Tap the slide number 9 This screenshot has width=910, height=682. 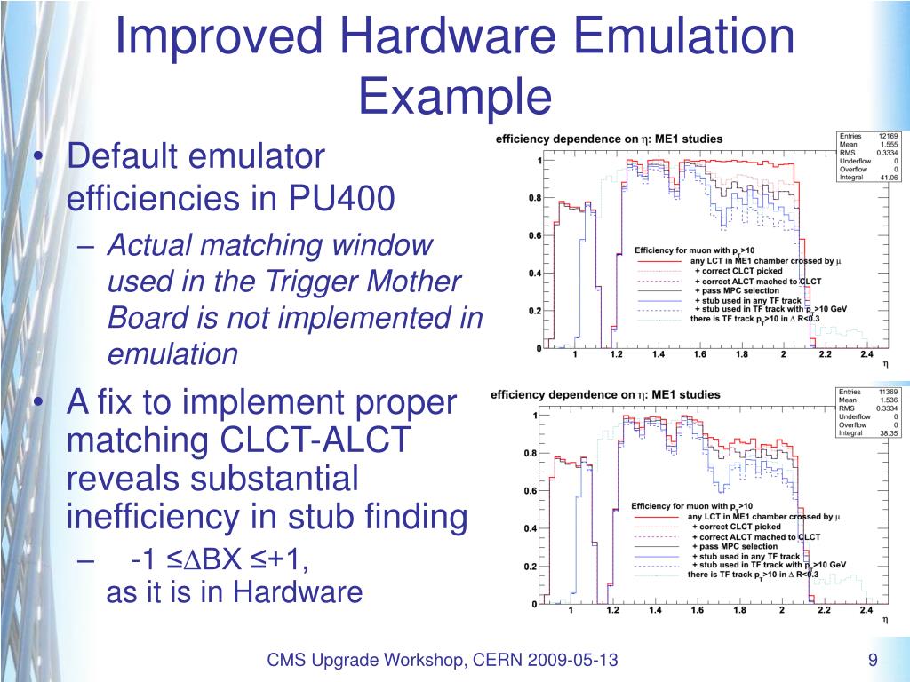[x=873, y=660]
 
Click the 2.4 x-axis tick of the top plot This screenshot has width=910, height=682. [x=867, y=355]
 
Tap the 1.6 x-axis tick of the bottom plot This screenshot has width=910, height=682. [x=697, y=611]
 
